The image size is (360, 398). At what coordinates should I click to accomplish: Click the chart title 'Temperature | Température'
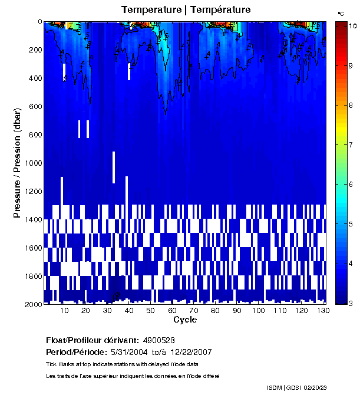tap(186, 10)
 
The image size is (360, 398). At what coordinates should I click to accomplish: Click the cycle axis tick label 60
tap(172, 311)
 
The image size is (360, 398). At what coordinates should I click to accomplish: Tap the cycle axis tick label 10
tap(64, 311)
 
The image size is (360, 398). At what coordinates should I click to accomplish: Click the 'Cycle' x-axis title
tap(185, 320)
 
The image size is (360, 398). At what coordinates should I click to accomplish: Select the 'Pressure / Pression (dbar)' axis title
tap(17, 163)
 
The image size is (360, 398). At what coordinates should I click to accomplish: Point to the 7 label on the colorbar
tap(350, 144)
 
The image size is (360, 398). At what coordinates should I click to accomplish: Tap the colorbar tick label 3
tap(350, 303)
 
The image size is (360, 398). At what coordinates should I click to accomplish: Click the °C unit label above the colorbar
tap(341, 13)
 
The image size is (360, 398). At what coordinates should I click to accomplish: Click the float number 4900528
tap(158, 340)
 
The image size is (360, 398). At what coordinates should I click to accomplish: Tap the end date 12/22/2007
tap(191, 352)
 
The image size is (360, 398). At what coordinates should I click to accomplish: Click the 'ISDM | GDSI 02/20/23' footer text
tap(296, 387)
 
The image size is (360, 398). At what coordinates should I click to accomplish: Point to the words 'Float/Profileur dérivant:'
tap(92, 340)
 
